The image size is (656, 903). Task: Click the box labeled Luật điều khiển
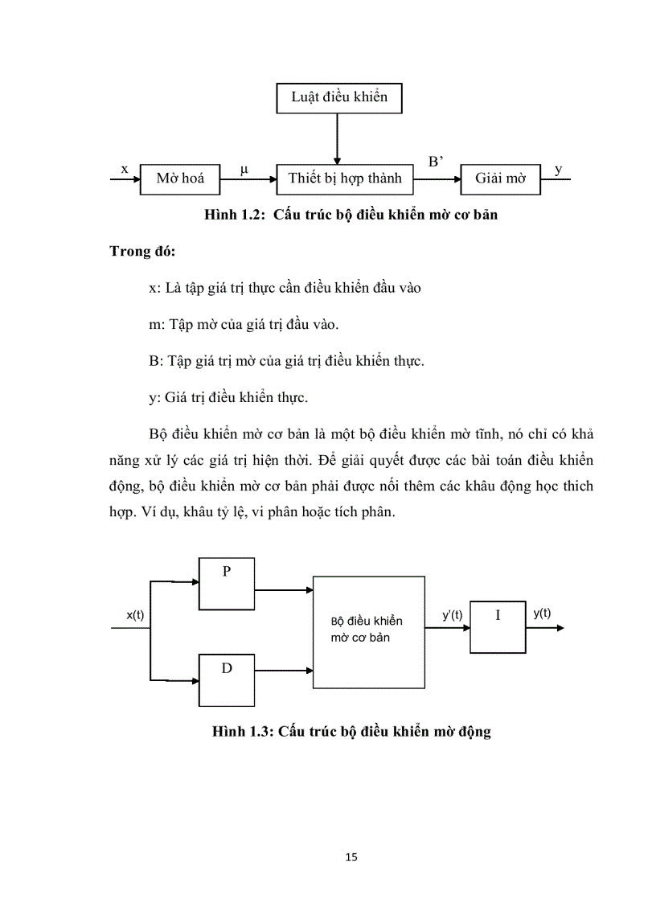pos(338,97)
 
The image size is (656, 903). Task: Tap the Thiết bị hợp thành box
pos(344,179)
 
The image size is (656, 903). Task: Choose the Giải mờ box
pos(500,179)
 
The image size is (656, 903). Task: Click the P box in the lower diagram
pos(227,584)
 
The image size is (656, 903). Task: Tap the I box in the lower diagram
pos(498,626)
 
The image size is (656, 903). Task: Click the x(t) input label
pos(135,615)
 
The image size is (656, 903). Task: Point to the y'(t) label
pos(453,615)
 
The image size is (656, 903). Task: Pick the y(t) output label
pos(542,613)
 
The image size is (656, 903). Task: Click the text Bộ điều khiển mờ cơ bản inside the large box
pos(367,629)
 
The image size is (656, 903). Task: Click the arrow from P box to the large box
pos(283,589)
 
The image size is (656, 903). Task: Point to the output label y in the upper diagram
pos(559,170)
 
